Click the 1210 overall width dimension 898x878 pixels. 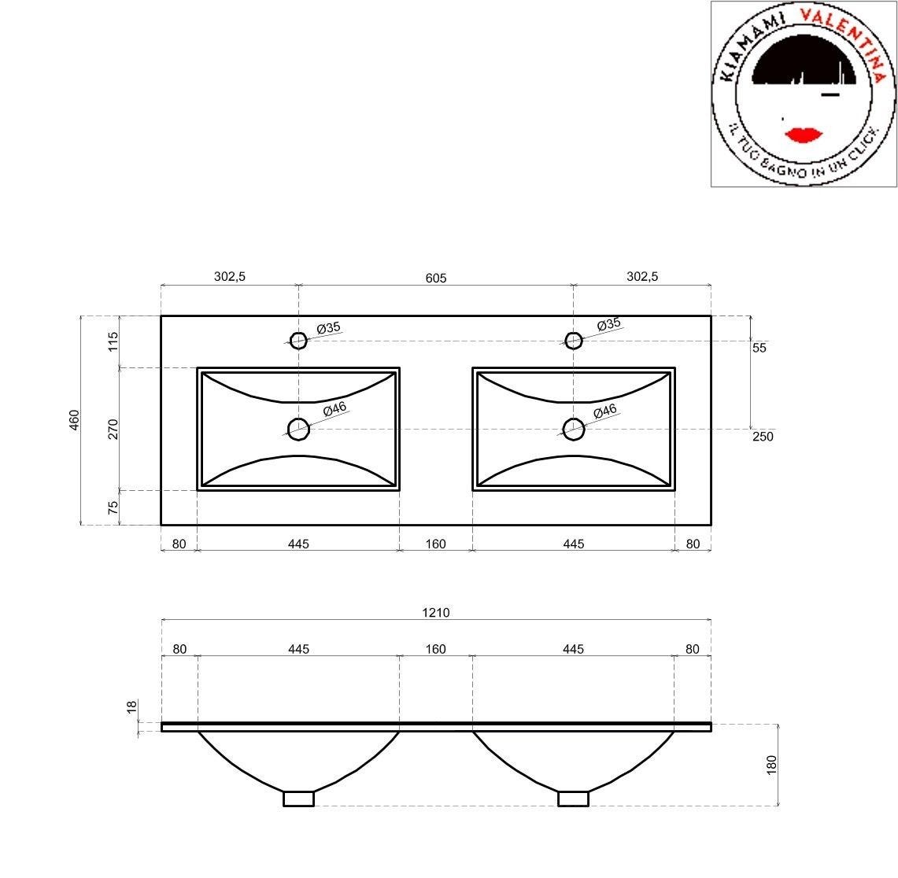435,612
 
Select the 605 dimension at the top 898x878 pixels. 435,277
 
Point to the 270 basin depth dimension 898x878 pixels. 113,429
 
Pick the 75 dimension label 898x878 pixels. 113,507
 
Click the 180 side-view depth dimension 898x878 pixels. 771,764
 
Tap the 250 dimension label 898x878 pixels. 763,437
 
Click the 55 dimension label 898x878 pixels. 759,347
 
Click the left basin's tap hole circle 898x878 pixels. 298,340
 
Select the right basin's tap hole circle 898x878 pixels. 574,340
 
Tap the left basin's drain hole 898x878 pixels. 298,429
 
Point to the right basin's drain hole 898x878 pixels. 574,429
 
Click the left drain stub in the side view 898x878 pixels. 298,799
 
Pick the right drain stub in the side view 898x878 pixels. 574,799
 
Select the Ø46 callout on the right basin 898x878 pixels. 604,411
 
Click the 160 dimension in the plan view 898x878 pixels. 435,544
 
